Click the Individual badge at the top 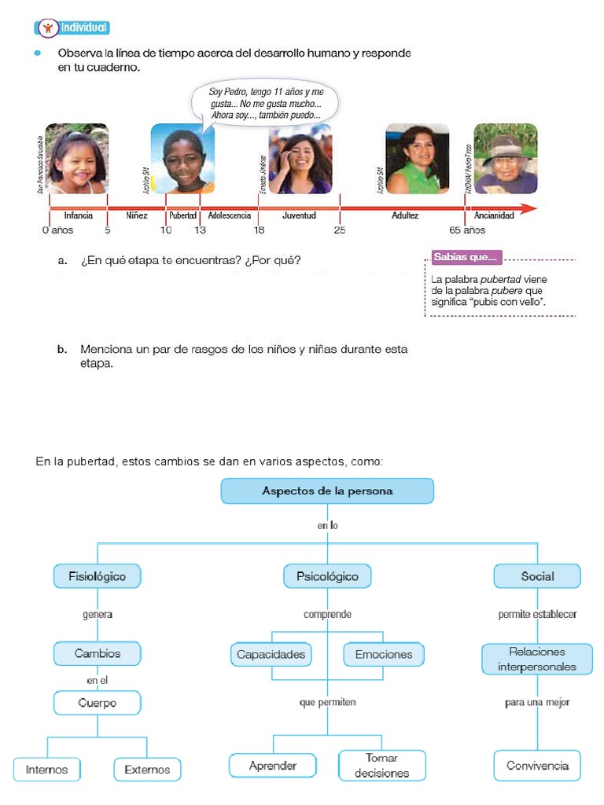72,28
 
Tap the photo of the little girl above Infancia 76,158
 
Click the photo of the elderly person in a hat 505,158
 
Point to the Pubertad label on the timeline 182,215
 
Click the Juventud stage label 299,215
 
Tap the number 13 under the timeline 200,230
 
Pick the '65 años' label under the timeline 467,230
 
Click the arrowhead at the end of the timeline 531,209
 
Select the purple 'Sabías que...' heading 466,258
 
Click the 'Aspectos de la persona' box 327,491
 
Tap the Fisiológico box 97,576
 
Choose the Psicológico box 327,576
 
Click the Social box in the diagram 537,576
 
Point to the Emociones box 383,654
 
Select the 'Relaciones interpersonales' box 537,660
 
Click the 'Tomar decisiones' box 381,765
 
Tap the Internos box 47,769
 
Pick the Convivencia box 537,765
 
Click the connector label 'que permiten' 327,702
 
